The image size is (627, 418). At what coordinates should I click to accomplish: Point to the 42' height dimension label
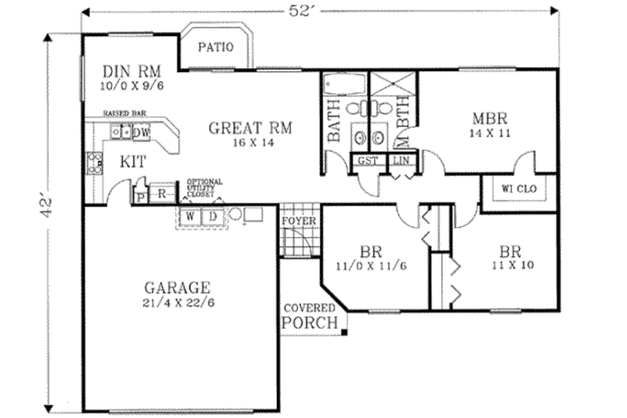49,207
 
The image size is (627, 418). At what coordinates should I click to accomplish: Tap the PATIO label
215,47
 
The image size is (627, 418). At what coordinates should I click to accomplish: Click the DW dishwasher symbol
141,133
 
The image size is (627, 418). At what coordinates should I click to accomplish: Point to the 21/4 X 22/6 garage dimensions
177,303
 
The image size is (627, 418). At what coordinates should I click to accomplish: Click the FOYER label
299,221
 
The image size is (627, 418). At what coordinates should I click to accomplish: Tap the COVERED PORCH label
310,315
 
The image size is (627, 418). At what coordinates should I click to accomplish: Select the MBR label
491,119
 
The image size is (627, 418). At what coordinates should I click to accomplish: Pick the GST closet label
368,160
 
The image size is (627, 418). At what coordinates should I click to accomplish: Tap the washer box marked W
190,216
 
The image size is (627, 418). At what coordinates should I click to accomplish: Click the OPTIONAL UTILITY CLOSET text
204,187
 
